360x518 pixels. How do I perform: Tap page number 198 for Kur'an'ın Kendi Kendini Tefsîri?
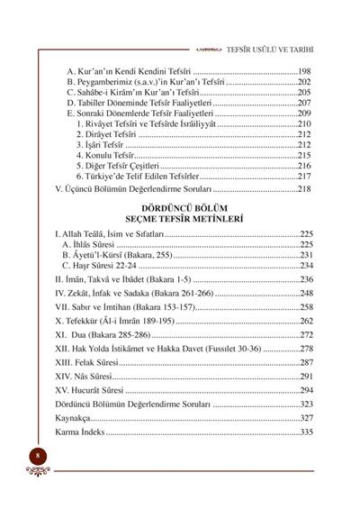click(301, 69)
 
